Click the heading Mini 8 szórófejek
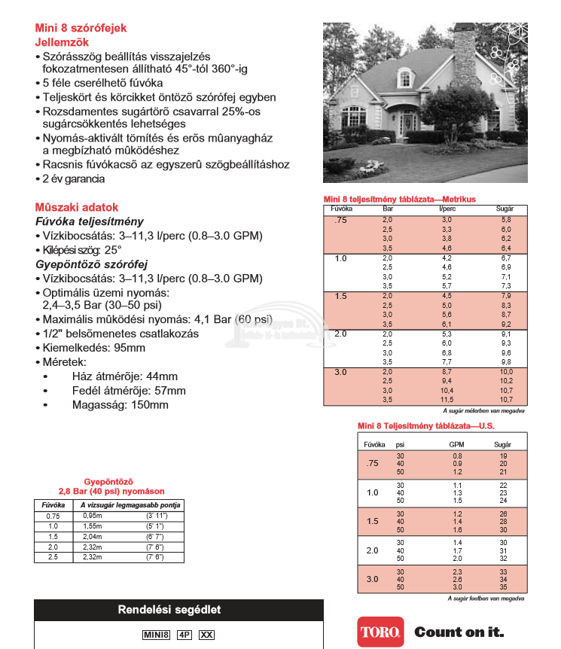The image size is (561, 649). (81, 28)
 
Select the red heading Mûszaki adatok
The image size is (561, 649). (77, 207)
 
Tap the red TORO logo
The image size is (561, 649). (380, 632)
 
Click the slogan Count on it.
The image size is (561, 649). (459, 632)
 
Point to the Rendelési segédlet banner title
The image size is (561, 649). (178, 610)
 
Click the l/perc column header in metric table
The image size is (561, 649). (447, 208)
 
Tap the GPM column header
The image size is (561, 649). (457, 445)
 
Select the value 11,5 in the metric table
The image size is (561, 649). (447, 399)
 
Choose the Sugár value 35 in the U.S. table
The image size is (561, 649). (504, 587)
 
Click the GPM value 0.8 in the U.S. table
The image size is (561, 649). (457, 456)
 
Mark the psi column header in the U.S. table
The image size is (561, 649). (400, 445)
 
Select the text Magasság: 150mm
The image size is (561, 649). (120, 405)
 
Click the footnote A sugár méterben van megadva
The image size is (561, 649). (483, 411)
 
